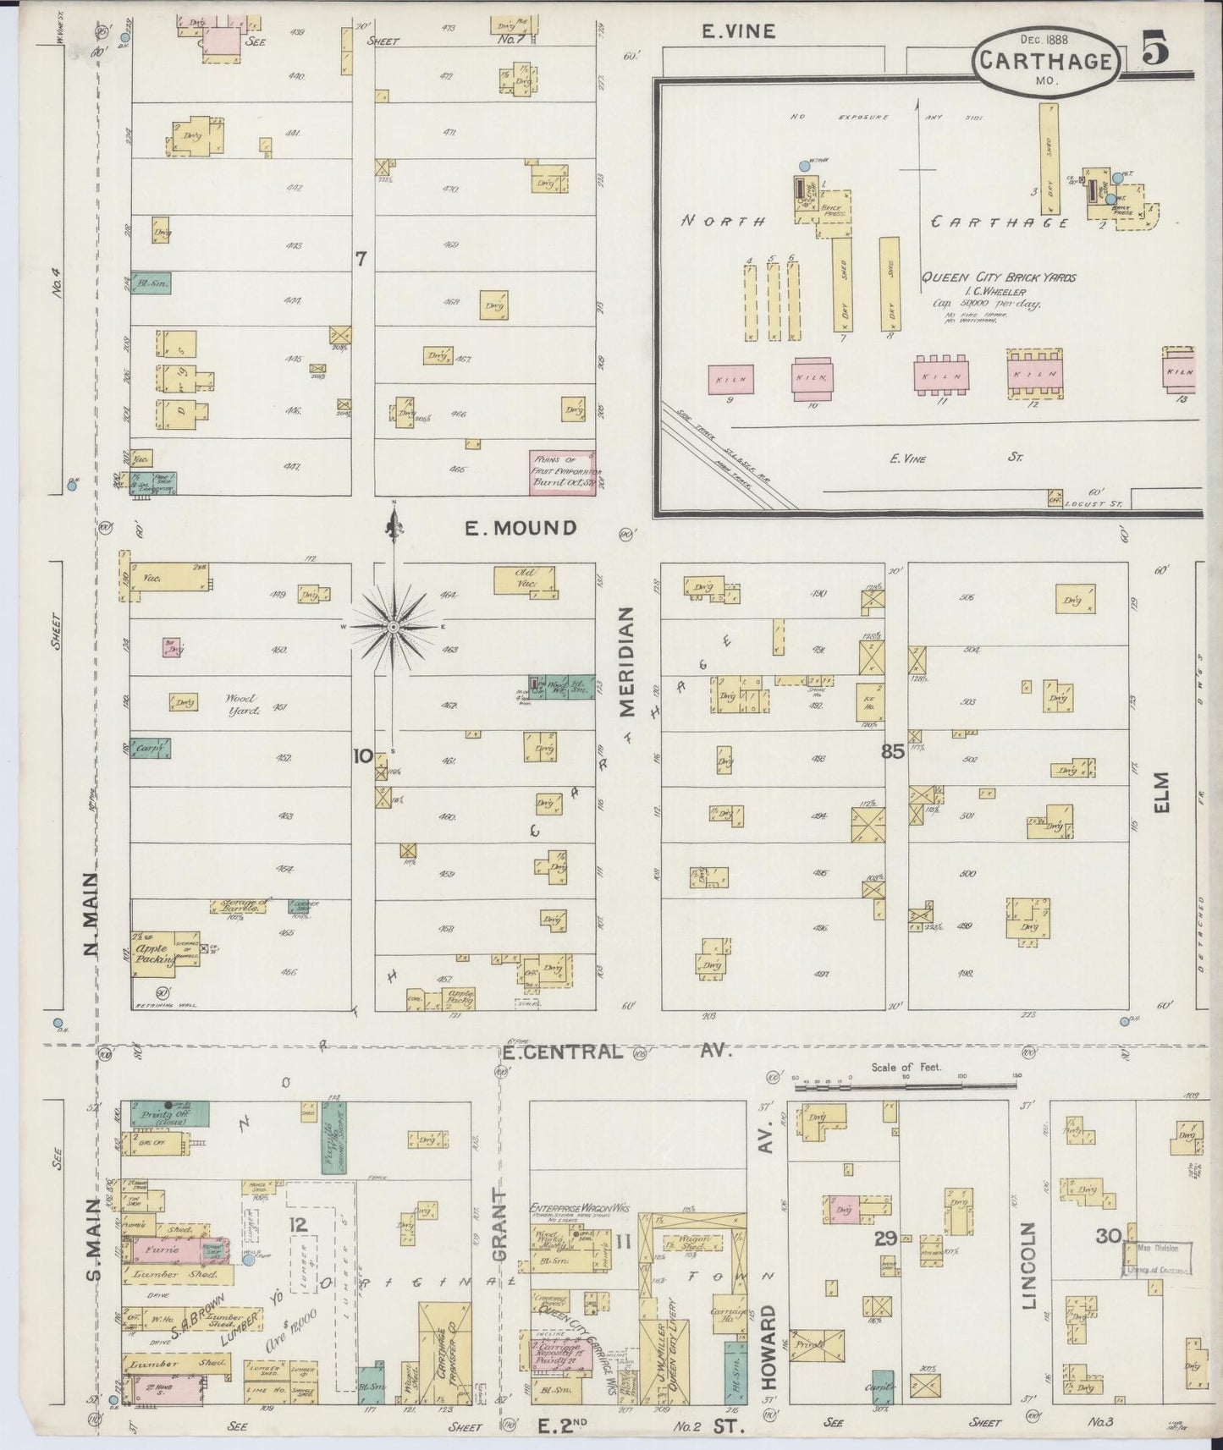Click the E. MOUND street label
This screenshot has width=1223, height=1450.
tap(521, 528)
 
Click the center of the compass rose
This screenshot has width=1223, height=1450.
tap(394, 626)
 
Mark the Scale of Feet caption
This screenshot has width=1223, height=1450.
tap(906, 1068)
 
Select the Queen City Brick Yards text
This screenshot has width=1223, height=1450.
tap(999, 277)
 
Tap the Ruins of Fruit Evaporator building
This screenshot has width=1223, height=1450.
tap(563, 472)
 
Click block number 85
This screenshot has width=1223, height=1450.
tap(893, 751)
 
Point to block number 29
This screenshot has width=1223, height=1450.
tap(886, 1239)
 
